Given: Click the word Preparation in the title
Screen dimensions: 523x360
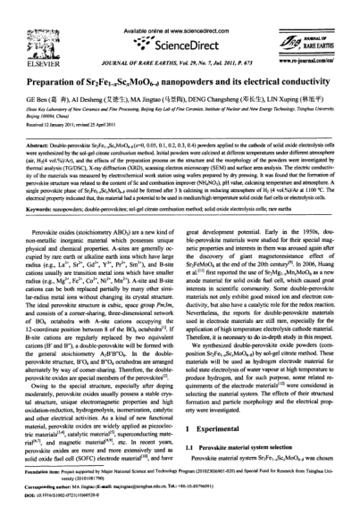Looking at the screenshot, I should pos(51,60).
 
